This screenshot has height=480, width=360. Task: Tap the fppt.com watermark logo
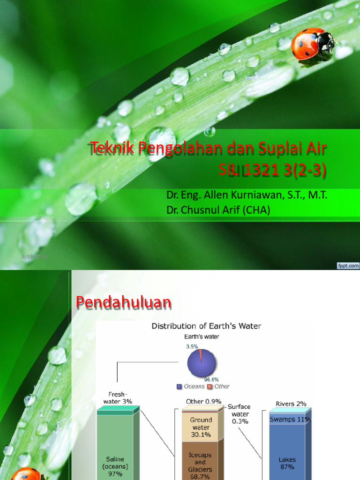348,265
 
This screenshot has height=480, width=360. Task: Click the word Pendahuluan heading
123,303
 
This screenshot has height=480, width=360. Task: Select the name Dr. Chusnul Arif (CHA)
218,210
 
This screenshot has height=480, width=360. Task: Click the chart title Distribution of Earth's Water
206,326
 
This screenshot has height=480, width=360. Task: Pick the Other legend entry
219,386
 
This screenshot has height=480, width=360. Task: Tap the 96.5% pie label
211,379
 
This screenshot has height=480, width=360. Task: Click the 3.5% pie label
192,347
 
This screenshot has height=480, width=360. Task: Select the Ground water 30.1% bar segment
201,427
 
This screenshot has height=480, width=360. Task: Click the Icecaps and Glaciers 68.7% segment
200,462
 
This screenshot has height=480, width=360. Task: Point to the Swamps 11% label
290,420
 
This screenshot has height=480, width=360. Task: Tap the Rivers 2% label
291,404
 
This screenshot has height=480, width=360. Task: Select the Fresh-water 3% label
118,398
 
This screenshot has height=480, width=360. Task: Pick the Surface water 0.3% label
240,414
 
